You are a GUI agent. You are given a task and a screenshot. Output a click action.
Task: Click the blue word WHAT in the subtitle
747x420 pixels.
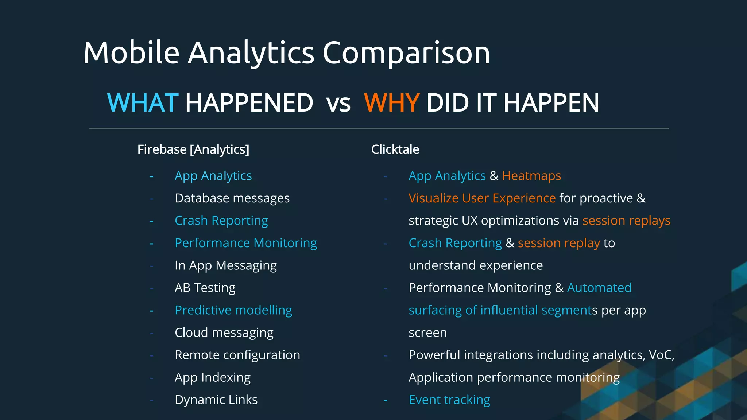click(x=142, y=102)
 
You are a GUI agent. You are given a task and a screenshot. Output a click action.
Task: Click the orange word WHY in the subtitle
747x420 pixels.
click(x=392, y=102)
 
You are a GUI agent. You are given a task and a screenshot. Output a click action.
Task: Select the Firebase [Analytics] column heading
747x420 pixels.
click(x=193, y=149)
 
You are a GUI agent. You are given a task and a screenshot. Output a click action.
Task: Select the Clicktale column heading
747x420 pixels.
click(x=395, y=149)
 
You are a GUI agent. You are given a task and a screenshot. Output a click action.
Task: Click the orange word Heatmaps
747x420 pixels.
click(x=531, y=176)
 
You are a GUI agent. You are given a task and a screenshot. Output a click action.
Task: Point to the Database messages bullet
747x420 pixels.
click(x=232, y=198)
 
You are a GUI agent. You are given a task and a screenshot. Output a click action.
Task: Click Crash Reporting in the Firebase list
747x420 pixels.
click(x=221, y=221)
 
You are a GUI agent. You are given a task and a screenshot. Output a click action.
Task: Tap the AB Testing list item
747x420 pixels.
click(x=205, y=288)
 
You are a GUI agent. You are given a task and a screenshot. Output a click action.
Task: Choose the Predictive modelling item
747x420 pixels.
click(x=233, y=310)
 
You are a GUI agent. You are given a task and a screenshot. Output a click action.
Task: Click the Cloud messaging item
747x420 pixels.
click(x=224, y=332)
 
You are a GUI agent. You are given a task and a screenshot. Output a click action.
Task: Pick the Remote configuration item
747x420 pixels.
click(x=237, y=355)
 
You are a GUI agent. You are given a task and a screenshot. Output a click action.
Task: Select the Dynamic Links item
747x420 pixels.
click(x=216, y=400)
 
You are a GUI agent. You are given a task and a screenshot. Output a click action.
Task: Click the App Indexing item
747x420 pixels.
click(x=212, y=377)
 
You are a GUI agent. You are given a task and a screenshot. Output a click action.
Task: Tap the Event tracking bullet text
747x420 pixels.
click(x=449, y=400)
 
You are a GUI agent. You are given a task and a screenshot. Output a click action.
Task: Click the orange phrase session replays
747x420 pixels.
click(x=626, y=221)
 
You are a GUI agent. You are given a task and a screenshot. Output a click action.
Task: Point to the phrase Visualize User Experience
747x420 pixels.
click(x=481, y=198)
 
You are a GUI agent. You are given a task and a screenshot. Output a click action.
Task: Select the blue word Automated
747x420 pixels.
click(x=599, y=288)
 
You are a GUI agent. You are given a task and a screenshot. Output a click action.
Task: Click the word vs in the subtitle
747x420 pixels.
click(x=338, y=103)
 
